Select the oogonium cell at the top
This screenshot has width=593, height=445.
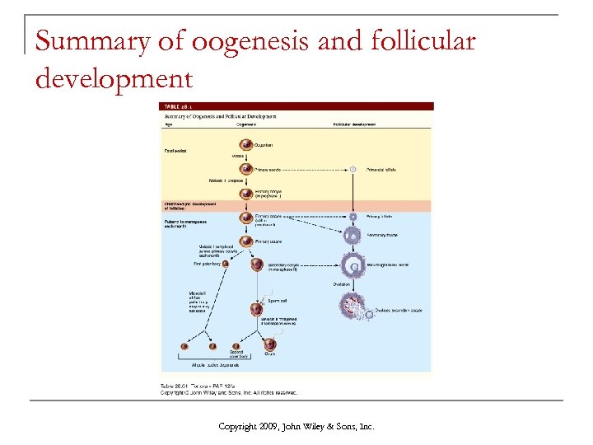point(246,146)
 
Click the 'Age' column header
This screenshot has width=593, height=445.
point(168,124)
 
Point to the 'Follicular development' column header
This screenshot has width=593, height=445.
point(354,124)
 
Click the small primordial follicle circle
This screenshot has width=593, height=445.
point(352,170)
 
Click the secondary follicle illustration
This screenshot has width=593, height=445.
point(353,236)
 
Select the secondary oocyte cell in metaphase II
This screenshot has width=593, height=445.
point(257,266)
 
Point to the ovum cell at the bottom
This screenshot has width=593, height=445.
point(270,344)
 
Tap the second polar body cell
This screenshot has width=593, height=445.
point(236,346)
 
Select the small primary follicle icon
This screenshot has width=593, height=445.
point(353,217)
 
